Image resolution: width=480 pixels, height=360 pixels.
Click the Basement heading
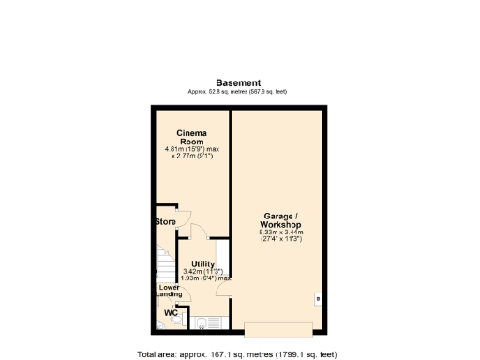(239, 82)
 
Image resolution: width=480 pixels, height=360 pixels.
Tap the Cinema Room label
(192, 137)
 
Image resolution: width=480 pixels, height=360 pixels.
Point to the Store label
(166, 222)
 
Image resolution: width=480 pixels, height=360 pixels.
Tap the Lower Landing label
(169, 291)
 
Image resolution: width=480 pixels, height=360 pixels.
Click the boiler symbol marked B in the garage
(318, 299)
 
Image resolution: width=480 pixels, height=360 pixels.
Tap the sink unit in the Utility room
(202, 324)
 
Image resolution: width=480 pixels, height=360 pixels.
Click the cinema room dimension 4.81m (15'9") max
(192, 148)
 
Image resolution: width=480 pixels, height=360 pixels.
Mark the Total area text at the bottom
(239, 354)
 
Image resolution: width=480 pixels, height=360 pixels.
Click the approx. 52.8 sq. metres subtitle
(239, 92)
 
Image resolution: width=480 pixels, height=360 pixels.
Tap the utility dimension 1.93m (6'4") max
(204, 278)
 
